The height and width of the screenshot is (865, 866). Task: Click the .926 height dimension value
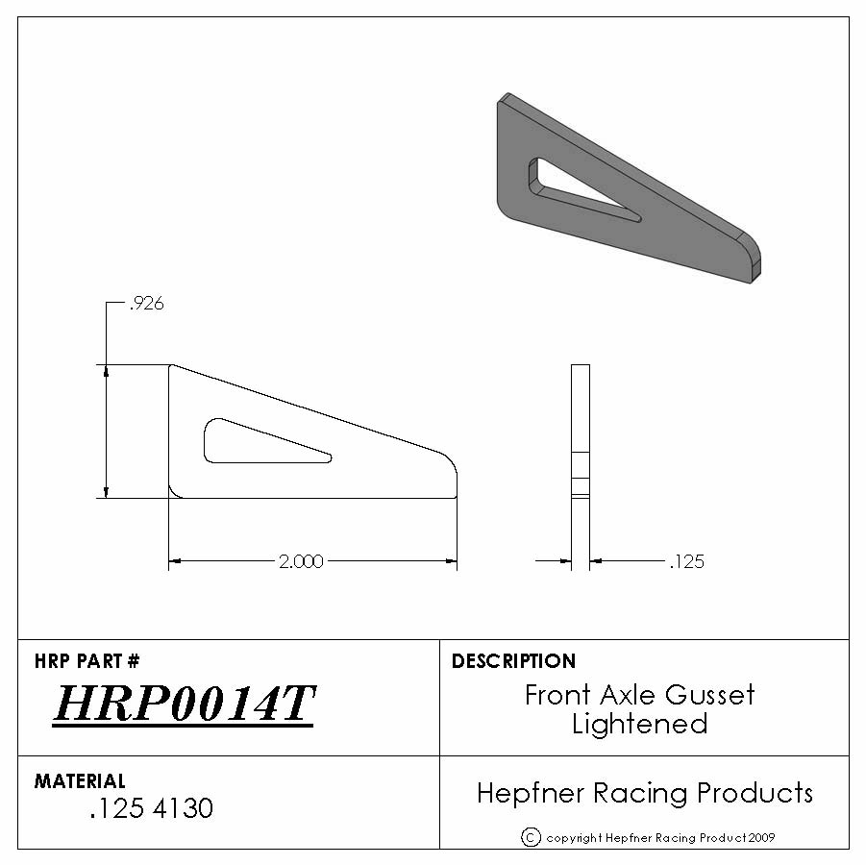(146, 304)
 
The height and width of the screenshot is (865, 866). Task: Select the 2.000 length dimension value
(301, 561)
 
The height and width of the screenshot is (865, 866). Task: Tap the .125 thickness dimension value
(686, 561)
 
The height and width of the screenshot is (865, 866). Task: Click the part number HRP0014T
(184, 704)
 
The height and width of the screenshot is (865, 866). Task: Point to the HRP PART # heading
(87, 660)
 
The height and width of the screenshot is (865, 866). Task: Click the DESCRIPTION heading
(513, 660)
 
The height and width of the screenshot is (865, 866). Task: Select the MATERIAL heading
(80, 781)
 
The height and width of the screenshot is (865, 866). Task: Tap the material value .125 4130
(151, 808)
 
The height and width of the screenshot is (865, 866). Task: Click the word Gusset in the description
(709, 695)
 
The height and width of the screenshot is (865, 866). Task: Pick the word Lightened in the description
(639, 724)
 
